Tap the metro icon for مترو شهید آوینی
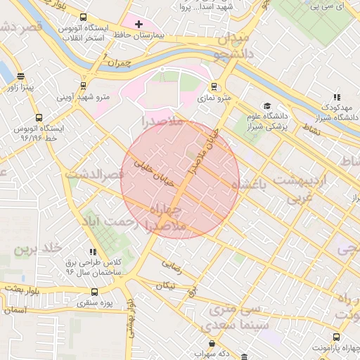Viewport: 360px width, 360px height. coord(84,86)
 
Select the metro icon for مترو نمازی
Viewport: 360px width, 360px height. coord(214,89)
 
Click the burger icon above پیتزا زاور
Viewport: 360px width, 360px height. coord(20,77)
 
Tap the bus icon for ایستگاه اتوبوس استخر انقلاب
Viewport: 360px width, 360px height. coord(84,18)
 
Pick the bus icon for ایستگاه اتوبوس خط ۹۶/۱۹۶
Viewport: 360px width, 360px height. coord(37,119)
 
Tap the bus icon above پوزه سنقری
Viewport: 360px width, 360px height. coord(95,292)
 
